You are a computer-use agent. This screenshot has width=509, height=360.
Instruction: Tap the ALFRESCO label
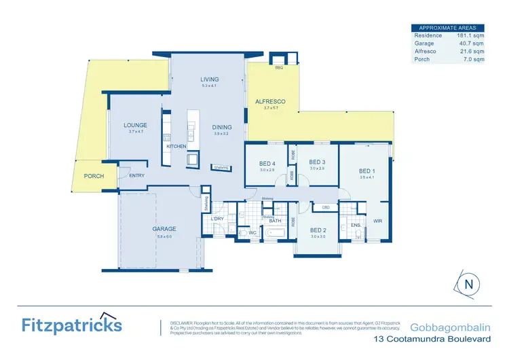[269, 101]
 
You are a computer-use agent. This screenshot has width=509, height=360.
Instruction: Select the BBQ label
[278, 69]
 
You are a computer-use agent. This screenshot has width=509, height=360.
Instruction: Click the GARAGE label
[164, 229]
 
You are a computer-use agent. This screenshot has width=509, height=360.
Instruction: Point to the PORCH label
[94, 176]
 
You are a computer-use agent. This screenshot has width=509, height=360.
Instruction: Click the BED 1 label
[367, 170]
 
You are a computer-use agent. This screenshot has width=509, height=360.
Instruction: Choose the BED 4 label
[267, 164]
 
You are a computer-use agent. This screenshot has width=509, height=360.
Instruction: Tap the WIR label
[377, 221]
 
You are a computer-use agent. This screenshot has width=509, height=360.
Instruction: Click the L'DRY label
[217, 218]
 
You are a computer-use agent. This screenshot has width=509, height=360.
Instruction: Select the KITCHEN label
[176, 146]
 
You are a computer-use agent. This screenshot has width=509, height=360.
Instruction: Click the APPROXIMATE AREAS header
[448, 27]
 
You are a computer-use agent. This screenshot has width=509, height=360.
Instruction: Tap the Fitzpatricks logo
[71, 324]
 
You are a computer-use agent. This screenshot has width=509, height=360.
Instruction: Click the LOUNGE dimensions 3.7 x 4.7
[136, 132]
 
